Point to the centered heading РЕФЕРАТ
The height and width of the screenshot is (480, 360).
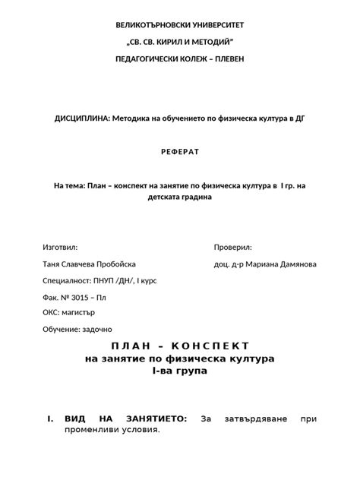[x=180, y=152]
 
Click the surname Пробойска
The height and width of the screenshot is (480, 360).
[x=111, y=264]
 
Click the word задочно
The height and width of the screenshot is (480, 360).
[x=95, y=329]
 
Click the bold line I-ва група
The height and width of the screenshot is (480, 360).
[x=179, y=371]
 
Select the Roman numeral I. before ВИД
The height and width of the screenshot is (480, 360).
[x=50, y=418]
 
